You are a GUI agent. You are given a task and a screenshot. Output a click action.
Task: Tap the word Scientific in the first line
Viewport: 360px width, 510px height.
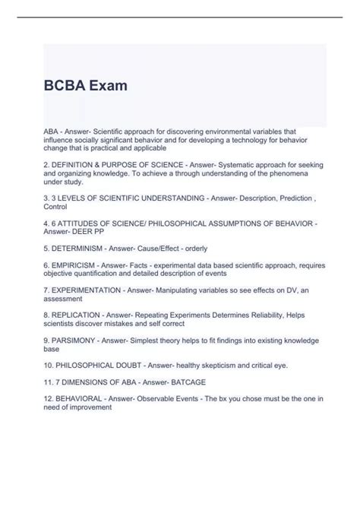pos(118,132)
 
